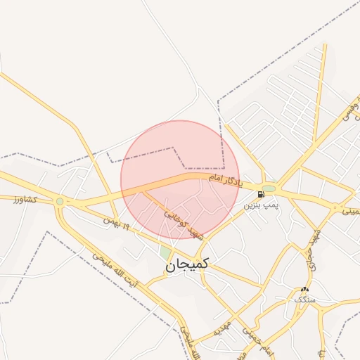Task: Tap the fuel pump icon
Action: [x=262, y=194]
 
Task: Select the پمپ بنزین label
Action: [x=262, y=205]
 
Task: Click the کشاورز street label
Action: [x=27, y=200]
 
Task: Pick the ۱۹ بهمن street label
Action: [x=117, y=224]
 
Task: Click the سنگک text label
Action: [x=304, y=300]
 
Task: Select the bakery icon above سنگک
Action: [x=304, y=290]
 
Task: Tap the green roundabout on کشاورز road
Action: [x=60, y=202]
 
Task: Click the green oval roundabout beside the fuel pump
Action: [x=270, y=188]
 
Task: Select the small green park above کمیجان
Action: [x=166, y=251]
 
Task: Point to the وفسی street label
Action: [x=349, y=112]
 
